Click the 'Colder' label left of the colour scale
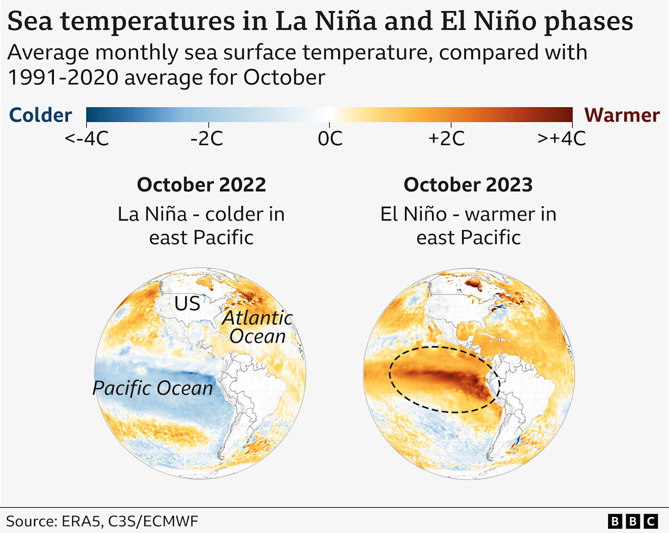point(40,115)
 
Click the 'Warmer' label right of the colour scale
point(622,115)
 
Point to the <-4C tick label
point(87,139)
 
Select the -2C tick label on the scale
point(206,139)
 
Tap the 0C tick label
point(330,139)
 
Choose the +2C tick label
point(446,139)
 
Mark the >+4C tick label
point(561,139)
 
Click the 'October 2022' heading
point(201,185)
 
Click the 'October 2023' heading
point(468,185)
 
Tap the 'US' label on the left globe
point(187,304)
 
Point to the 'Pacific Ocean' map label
point(152,388)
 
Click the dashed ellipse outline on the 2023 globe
point(445,347)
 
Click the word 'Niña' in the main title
point(345,22)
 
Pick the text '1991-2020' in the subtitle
point(62,78)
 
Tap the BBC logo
point(633,521)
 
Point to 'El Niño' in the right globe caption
point(413,214)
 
